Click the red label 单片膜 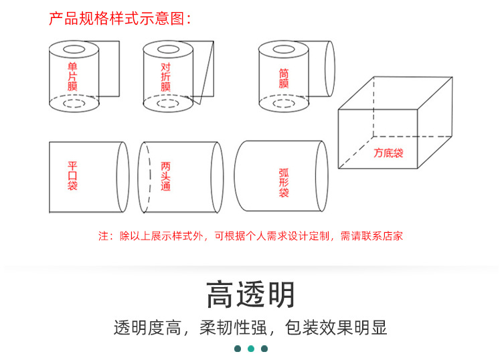tap(72, 76)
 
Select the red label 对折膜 tap(165, 77)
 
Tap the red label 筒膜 tap(284, 78)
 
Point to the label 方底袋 tap(388, 153)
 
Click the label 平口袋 tap(72, 176)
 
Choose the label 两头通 tap(165, 177)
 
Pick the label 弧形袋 tap(284, 183)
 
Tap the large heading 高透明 tap(250, 294)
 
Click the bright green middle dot tap(251, 349)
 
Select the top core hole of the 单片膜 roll tap(74, 50)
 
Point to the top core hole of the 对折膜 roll tap(168, 50)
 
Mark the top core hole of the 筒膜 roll tap(284, 50)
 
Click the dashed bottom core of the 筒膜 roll tap(284, 103)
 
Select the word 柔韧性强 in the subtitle tap(234, 328)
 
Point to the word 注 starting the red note tap(103, 236)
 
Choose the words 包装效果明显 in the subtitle tap(336, 328)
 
